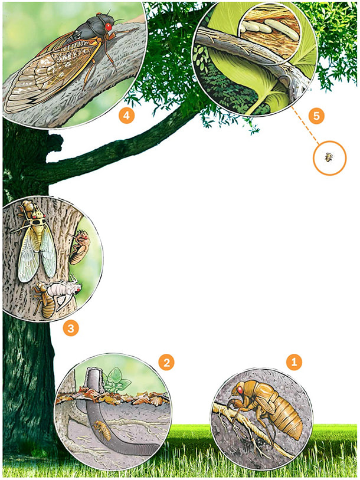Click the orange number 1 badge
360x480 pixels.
tap(294, 362)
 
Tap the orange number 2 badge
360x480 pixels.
tap(166, 363)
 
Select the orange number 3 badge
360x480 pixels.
tap(71, 328)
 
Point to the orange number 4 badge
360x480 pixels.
tap(126, 116)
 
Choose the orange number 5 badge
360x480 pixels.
tap(316, 116)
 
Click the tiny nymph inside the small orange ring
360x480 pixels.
tap(329, 157)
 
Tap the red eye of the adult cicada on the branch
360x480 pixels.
tap(109, 27)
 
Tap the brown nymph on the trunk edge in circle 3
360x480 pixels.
tap(79, 248)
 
